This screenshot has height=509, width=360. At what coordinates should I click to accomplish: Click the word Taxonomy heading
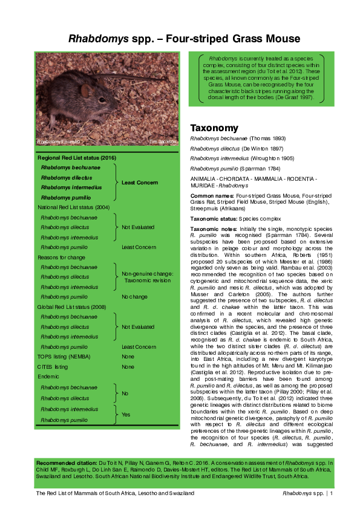(215, 128)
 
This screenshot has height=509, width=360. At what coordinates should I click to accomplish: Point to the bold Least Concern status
(139, 183)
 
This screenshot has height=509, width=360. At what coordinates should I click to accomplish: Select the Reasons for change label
(61, 257)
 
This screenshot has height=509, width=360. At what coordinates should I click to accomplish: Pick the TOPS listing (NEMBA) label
(67, 357)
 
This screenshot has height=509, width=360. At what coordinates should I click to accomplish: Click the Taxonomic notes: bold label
(214, 229)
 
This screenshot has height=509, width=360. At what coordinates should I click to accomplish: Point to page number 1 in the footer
(332, 493)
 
